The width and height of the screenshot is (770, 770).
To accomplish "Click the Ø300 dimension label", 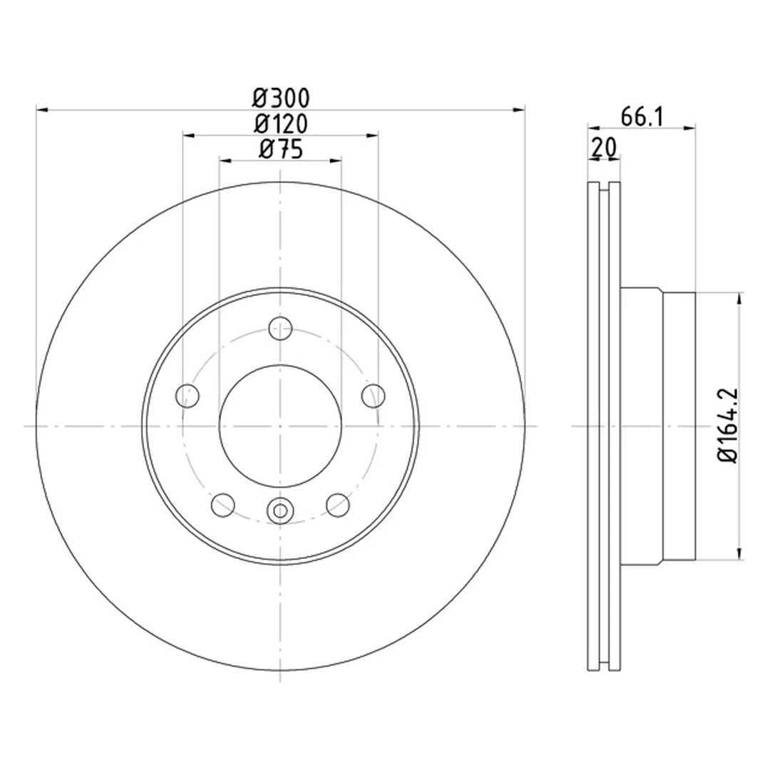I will [281, 96].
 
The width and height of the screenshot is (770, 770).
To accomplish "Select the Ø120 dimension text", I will [281, 124].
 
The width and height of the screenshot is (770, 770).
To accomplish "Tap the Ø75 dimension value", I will [281, 150].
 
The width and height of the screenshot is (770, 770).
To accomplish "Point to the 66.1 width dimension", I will [642, 116].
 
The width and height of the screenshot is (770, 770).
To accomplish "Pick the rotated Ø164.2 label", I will [729, 426].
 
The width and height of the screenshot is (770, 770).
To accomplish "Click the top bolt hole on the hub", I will [280, 329].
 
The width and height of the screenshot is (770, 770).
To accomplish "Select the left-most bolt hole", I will [187, 394].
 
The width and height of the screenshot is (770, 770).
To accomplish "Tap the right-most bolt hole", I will [373, 394].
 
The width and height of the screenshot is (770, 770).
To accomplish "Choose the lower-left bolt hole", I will [223, 504].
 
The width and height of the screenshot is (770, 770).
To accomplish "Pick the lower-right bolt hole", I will [338, 504].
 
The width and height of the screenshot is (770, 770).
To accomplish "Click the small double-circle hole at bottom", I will [280, 510].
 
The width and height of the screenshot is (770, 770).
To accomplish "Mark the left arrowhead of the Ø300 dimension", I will [41, 110].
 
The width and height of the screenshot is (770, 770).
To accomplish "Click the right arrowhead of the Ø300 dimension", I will [520, 110].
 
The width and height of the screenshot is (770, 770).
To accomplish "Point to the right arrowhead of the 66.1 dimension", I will [690, 128].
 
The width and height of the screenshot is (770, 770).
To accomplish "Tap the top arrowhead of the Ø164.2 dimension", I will [741, 297].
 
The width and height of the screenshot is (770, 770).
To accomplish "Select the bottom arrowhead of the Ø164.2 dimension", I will [741, 554].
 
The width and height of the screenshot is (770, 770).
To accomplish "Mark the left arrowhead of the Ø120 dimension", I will [188, 134].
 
